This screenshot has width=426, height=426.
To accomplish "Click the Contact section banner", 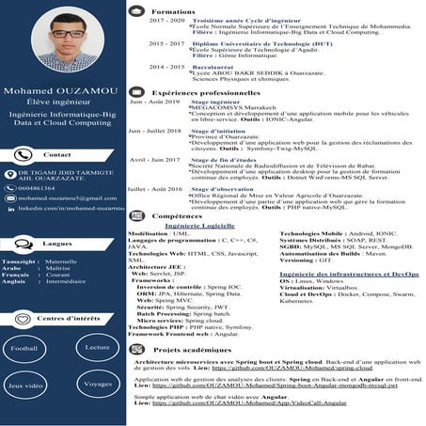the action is [57, 154].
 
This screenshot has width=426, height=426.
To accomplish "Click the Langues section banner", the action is [57, 242].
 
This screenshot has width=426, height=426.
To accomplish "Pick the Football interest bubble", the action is [25, 348].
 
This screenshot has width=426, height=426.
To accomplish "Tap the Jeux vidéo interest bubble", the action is [25, 386].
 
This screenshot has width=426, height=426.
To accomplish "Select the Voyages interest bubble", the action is [97, 385].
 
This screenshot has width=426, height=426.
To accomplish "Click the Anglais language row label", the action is [14, 281].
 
